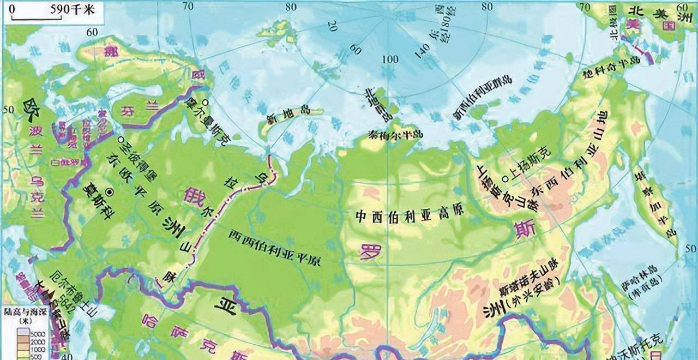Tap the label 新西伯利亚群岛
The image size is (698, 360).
(483, 97)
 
